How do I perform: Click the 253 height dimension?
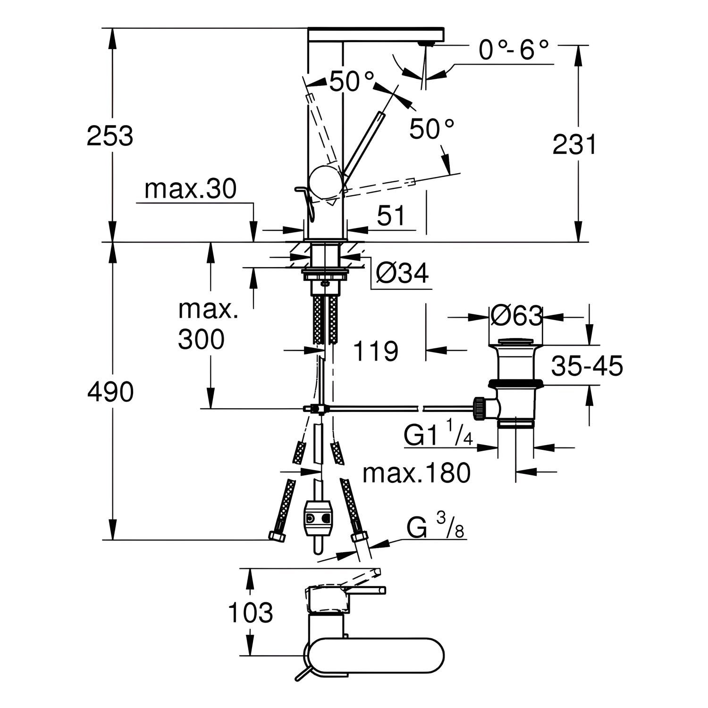click(x=110, y=137)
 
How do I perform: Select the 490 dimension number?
click(x=110, y=392)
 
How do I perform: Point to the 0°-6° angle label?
click(x=514, y=51)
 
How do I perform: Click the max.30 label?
click(x=190, y=189)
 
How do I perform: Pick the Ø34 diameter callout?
click(x=403, y=273)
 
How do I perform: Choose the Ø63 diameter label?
click(x=515, y=316)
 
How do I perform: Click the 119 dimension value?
click(x=376, y=351)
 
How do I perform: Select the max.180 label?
click(x=417, y=472)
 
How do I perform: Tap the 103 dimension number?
click(x=251, y=613)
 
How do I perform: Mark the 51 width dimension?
click(x=391, y=216)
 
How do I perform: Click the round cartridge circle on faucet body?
click(x=325, y=182)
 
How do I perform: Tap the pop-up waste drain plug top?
click(x=515, y=341)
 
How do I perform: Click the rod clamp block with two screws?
click(x=316, y=519)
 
